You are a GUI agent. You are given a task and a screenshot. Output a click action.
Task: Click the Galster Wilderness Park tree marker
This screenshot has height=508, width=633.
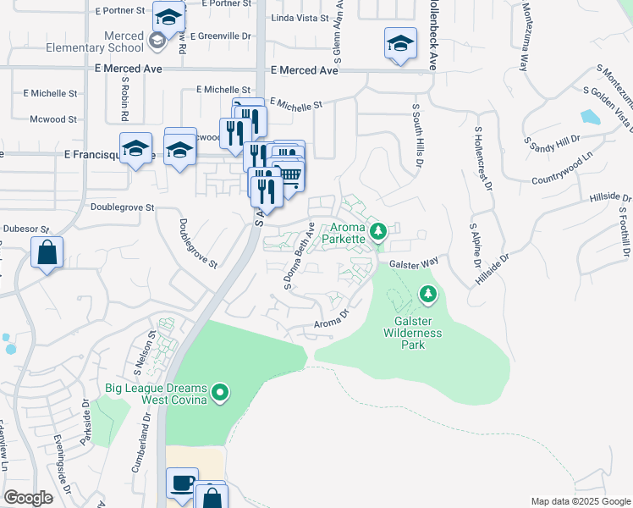tap(428, 294)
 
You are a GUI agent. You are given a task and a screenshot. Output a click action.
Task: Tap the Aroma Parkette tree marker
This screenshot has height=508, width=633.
tap(378, 230)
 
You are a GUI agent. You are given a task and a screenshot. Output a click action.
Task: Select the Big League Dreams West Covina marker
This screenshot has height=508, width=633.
tap(221, 392)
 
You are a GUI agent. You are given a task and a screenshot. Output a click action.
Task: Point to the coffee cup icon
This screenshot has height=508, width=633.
tap(182, 483)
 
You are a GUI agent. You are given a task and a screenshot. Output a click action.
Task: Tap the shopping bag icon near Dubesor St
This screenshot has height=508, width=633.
tap(47, 251)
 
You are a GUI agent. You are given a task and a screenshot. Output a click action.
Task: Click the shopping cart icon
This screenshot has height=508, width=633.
tap(289, 174)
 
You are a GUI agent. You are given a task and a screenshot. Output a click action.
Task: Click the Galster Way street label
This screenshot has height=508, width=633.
tap(414, 263)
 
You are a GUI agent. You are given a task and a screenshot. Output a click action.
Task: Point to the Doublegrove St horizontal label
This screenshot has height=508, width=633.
tap(122, 207)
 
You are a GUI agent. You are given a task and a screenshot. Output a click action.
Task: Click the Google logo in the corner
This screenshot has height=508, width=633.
tap(28, 497)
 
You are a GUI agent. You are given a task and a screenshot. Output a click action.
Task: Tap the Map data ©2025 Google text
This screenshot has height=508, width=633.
tap(580, 501)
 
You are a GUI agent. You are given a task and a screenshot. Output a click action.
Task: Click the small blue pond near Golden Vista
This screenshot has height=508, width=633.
tap(590, 117)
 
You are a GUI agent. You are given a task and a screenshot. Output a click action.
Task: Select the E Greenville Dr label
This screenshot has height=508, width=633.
tap(222, 36)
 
